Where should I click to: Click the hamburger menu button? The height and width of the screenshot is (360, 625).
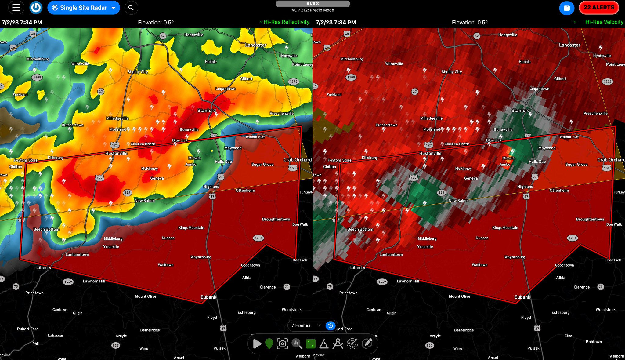pyautogui.click(x=16, y=8)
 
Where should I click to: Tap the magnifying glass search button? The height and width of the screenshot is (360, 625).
pyautogui.click(x=131, y=8)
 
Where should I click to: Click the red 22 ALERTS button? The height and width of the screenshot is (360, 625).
pyautogui.click(x=599, y=8)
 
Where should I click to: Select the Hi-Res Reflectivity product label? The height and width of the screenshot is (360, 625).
pyautogui.click(x=286, y=22)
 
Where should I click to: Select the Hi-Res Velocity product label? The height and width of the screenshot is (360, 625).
pyautogui.click(x=604, y=22)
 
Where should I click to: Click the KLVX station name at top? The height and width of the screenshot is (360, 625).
pyautogui.click(x=312, y=4)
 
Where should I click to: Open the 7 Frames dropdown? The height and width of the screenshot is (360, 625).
pyautogui.click(x=306, y=325)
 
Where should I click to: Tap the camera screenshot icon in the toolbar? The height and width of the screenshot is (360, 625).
pyautogui.click(x=282, y=344)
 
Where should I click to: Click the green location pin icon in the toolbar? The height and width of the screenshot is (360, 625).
pyautogui.click(x=269, y=344)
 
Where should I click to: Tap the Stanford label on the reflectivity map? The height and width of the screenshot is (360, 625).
pyautogui.click(x=206, y=110)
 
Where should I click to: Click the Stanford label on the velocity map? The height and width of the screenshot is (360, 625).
pyautogui.click(x=520, y=110)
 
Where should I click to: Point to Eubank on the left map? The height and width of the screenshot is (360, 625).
pyautogui.click(x=208, y=297)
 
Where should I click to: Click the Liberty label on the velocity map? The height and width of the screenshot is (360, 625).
pyautogui.click(x=357, y=267)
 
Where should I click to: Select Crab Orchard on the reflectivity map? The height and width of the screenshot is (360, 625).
pyautogui.click(x=297, y=160)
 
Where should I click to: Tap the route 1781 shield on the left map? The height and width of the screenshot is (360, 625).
pyautogui.click(x=258, y=238)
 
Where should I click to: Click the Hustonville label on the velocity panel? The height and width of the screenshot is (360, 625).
pyautogui.click(x=430, y=153)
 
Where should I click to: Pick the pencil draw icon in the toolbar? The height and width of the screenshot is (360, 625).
pyautogui.click(x=367, y=344)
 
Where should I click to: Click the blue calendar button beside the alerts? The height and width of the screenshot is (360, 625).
pyautogui.click(x=566, y=8)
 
